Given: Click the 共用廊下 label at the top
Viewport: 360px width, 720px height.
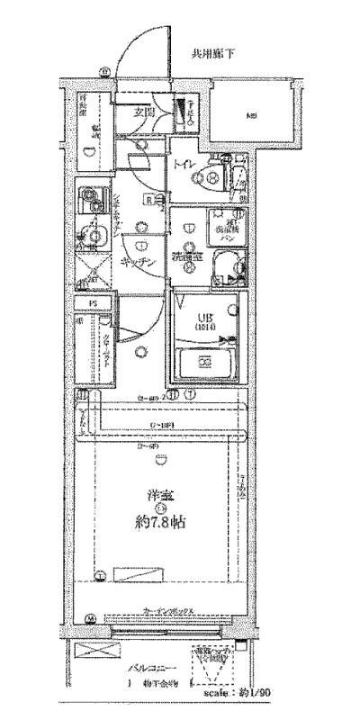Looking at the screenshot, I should point(212,54).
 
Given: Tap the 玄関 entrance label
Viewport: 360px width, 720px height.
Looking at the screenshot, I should point(146,113).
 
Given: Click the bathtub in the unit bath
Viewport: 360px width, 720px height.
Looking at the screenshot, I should point(205,363).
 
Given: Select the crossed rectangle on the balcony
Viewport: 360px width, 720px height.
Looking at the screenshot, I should point(91,655).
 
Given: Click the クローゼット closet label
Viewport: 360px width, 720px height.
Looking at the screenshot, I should point(106,346).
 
